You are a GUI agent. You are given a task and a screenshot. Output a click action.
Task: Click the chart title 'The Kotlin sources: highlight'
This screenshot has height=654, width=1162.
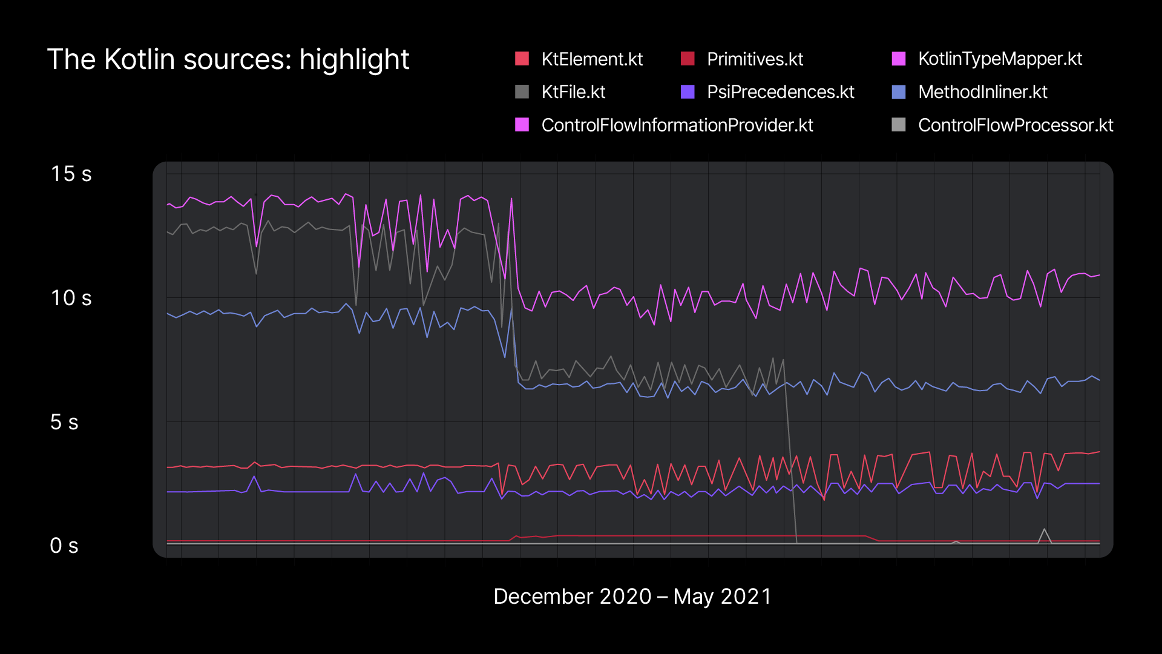(228, 59)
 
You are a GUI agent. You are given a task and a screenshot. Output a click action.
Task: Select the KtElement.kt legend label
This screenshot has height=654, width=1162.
(592, 59)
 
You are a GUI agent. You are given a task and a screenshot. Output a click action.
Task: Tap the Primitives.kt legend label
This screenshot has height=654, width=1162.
(755, 59)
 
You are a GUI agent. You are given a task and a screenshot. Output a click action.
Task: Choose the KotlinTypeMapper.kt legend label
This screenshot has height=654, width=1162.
(1000, 59)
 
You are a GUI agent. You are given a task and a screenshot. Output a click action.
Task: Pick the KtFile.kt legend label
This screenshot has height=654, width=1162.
(573, 92)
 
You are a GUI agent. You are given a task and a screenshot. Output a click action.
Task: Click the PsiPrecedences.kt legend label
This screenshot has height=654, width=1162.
(780, 92)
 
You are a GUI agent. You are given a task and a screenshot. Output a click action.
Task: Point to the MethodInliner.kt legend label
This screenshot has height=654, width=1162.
(982, 92)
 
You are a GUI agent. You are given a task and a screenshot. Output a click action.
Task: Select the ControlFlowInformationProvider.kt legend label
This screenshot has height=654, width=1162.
(677, 125)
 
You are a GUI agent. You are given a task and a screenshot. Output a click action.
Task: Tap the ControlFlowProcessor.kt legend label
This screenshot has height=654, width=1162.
(1016, 125)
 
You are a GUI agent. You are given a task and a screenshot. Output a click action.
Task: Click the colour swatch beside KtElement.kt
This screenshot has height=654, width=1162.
(522, 59)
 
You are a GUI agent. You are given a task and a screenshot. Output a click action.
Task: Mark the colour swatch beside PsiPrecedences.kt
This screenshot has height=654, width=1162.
(688, 91)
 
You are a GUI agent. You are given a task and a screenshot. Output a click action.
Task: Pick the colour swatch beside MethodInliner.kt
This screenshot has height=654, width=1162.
(899, 91)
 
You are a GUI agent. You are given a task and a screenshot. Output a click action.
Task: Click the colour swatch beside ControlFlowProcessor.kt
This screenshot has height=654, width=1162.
(899, 125)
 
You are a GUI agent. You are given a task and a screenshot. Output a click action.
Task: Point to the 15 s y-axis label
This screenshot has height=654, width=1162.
(71, 174)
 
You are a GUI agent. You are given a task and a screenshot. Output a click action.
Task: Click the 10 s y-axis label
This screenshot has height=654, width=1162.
(71, 298)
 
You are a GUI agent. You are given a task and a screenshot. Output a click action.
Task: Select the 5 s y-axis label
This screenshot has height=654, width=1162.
(64, 422)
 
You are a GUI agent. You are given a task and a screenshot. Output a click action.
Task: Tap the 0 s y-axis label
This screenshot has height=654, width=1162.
(64, 546)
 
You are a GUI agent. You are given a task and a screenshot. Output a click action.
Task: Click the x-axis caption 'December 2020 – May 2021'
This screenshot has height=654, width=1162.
(632, 596)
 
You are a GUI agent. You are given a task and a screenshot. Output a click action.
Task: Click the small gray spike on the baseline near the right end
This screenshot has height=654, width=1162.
(1044, 536)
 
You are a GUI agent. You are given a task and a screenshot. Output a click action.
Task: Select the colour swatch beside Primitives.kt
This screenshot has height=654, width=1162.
(688, 59)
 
